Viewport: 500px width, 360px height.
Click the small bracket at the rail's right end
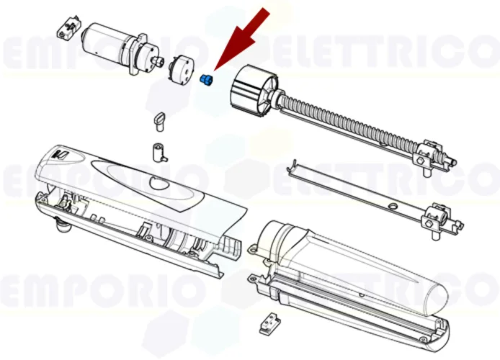click(437, 215)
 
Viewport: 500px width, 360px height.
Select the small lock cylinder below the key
click(157, 153)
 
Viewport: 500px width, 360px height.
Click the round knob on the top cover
click(157, 185)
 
